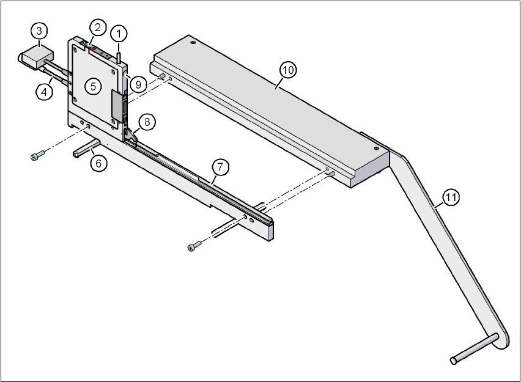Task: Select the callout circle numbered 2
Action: click(x=97, y=27)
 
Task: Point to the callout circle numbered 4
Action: click(x=42, y=92)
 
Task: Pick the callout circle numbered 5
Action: click(x=94, y=86)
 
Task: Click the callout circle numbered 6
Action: click(x=98, y=163)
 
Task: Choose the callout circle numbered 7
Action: click(x=220, y=166)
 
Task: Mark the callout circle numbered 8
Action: click(x=147, y=121)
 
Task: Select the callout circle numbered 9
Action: click(x=138, y=85)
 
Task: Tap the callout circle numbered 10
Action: click(x=288, y=70)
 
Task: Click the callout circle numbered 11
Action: click(x=451, y=197)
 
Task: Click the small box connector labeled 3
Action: click(x=35, y=58)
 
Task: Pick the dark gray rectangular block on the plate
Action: click(x=118, y=105)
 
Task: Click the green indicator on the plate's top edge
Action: click(x=84, y=43)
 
